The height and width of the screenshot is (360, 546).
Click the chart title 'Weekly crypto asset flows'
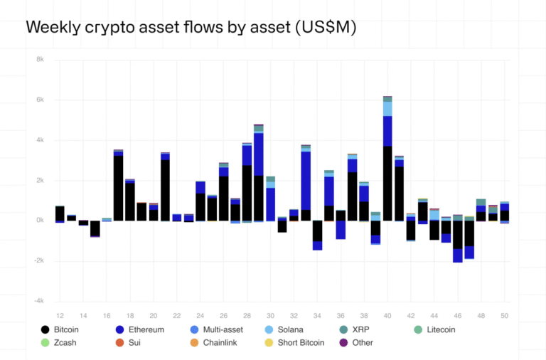[191, 27]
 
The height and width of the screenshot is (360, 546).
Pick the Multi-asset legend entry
[224, 329]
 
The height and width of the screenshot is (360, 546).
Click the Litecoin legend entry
[435, 329]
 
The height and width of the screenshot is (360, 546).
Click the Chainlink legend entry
[221, 342]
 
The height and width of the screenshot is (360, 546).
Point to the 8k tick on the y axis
[40, 60]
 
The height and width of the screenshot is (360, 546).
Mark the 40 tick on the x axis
[387, 315]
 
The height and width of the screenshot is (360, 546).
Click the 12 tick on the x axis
[60, 315]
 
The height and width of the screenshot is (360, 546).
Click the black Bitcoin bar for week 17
[118, 188]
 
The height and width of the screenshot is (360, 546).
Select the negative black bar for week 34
[317, 231]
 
